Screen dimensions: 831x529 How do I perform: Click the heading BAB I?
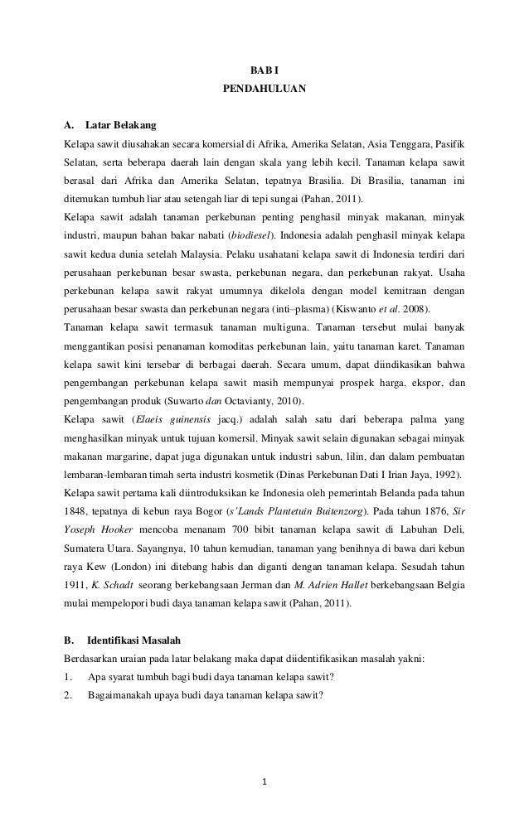coord(265,68)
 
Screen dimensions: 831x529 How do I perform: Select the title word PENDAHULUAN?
coord(264,86)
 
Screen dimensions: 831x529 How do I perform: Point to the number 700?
coord(211,530)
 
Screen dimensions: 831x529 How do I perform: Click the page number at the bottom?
coord(264,780)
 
